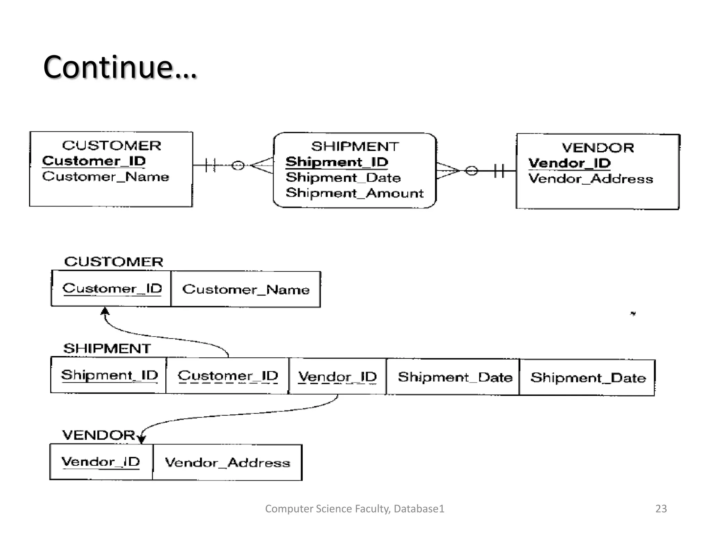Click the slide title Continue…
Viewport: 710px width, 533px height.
[120, 67]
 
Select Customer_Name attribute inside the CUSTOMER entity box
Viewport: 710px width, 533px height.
[105, 177]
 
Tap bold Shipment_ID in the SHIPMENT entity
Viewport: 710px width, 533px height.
[337, 162]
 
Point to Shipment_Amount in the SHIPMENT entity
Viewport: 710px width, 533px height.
[354, 193]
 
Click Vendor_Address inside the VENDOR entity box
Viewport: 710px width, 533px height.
[590, 179]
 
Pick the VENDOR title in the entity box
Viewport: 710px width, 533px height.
[598, 148]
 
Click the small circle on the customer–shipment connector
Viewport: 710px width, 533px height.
[238, 166]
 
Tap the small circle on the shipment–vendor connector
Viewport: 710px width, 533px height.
[471, 170]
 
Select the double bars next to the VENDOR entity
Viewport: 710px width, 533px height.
[499, 170]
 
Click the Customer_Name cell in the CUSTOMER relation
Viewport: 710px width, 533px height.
[246, 289]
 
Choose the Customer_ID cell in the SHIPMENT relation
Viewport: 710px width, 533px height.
[227, 376]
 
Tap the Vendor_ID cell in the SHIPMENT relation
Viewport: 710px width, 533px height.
[337, 377]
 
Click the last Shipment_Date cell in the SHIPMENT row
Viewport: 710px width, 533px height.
[588, 378]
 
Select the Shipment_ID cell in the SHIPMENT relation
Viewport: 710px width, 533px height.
[109, 375]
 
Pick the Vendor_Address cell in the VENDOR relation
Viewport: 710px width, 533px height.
[227, 463]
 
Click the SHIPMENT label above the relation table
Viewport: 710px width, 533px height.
[107, 348]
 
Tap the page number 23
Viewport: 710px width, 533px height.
[661, 508]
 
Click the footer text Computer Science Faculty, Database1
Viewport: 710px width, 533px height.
[354, 508]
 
